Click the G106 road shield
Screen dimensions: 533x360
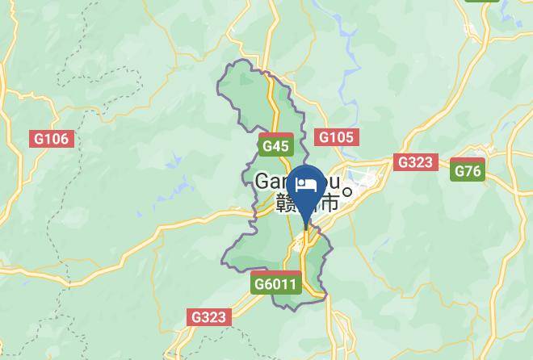51,139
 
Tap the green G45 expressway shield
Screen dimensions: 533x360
275,146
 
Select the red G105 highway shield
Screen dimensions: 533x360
336,137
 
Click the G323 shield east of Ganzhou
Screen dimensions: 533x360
415,162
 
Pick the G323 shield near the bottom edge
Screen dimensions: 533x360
209,317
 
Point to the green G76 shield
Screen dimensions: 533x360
468,171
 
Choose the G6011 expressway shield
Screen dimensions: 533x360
276,284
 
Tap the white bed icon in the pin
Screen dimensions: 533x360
306,185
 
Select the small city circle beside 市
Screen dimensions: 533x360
347,191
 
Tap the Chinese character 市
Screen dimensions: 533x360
329,203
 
